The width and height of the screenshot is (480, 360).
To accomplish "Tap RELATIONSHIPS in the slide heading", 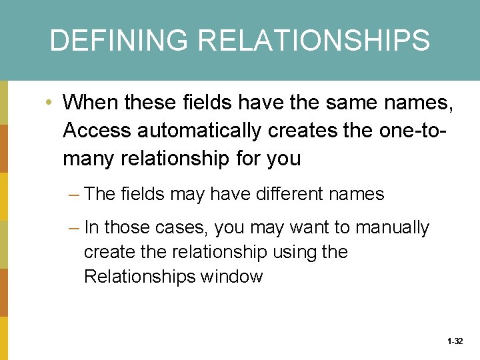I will coord(313,41).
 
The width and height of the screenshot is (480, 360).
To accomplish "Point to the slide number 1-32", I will coord(455,341).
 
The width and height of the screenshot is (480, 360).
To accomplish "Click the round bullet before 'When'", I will coord(49,103).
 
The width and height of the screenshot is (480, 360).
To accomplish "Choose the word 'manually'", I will coord(392,228).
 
